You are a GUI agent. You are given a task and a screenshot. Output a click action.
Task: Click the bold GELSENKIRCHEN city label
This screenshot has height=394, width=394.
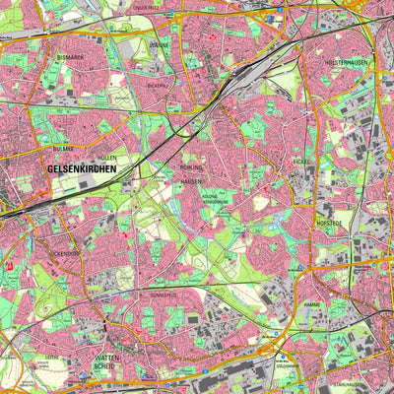point(82,168)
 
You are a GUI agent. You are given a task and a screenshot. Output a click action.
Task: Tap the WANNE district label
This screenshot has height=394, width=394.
point(161,44)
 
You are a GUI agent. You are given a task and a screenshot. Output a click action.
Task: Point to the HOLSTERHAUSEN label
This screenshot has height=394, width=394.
point(343,61)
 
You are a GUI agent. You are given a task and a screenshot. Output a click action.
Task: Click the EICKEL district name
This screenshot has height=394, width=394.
point(299,160)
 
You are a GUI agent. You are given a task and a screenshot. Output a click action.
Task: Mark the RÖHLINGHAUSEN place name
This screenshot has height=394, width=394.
point(192,173)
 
